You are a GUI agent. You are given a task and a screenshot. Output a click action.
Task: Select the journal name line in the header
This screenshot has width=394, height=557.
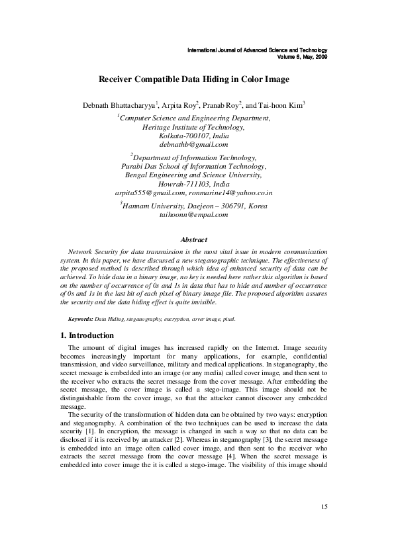258,50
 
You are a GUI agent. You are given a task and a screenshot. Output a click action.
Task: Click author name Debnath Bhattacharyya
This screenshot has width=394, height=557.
119,105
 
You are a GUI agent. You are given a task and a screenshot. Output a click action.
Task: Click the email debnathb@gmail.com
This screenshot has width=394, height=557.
193,144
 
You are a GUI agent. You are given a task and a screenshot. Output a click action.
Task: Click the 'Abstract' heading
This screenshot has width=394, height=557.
193,239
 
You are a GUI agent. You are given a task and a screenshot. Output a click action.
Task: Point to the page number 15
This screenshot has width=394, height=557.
324,525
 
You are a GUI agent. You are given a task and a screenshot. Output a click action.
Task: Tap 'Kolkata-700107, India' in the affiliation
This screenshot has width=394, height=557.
193,135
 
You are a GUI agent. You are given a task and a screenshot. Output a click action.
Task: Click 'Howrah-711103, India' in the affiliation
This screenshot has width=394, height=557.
193,166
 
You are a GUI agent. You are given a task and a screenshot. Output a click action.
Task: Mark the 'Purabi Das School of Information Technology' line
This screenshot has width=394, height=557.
193,148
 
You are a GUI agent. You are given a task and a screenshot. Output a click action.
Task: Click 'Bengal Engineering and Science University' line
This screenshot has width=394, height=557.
193,157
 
